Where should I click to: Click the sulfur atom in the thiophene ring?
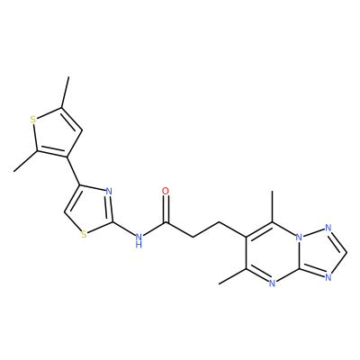coord(33,120)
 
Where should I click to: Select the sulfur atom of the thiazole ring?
coord(84,234)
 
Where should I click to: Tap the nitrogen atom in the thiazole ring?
coord(109,191)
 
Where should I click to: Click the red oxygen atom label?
coord(166,191)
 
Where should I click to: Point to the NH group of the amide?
coord(139,239)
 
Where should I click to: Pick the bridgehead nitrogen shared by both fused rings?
coord(298,238)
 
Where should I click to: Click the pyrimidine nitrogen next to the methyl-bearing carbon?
coord(272,283)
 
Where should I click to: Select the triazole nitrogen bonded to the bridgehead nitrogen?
coord(328,228)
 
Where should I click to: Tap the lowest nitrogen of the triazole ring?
coord(328,277)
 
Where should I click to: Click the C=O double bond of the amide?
coord(166,210)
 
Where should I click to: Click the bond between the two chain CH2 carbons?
coord(206,230)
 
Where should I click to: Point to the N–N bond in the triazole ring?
coord(313,233)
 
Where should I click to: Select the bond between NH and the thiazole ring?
coord(124,229)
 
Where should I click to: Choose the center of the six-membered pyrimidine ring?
coord(272,253)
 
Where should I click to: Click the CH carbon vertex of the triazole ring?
coord(347,253)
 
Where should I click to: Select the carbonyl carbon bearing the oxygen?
coord(166,222)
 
